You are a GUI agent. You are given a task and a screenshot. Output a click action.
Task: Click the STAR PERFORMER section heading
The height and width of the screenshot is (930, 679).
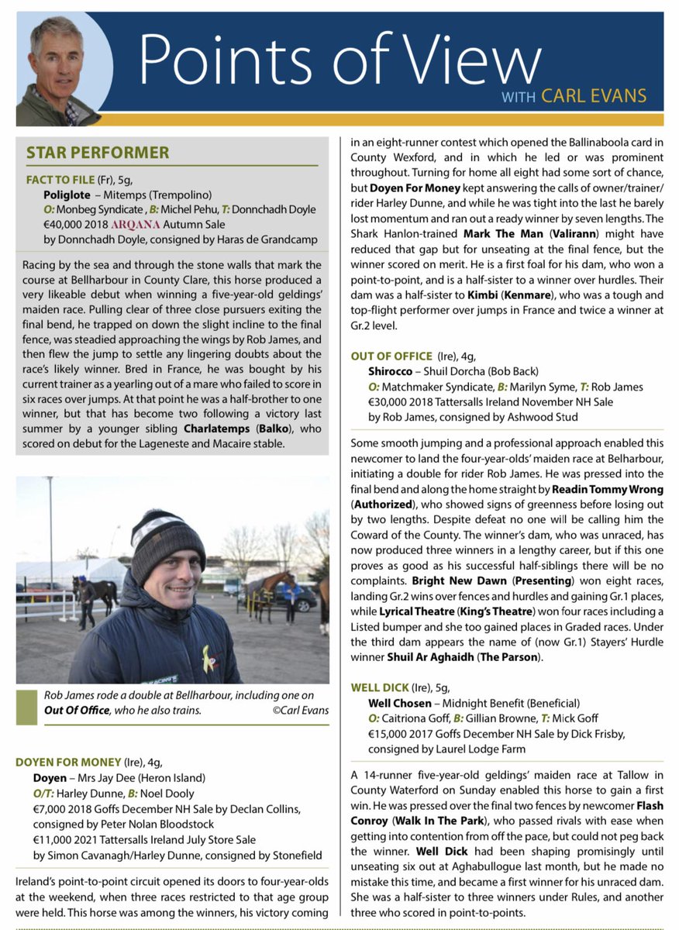tap(98, 153)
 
